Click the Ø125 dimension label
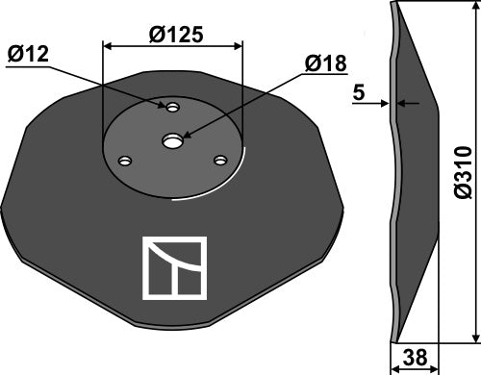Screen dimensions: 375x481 click(176, 34)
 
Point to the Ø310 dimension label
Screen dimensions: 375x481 click(462, 172)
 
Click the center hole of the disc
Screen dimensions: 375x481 click(173, 141)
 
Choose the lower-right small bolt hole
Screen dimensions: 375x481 click(220, 161)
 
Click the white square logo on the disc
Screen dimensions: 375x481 click(174, 266)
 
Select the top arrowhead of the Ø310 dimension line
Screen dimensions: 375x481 click(475, 10)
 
